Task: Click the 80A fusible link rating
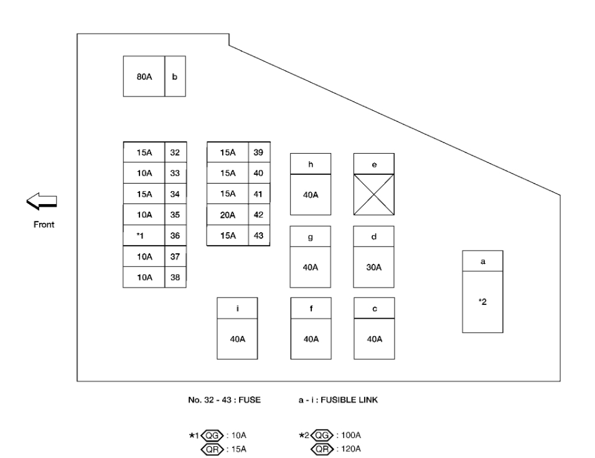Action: click(x=144, y=77)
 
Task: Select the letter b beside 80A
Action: click(x=175, y=77)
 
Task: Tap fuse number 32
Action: click(x=174, y=152)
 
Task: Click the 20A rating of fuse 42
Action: click(x=228, y=215)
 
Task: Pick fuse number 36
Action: click(x=174, y=235)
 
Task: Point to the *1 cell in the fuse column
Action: click(x=144, y=235)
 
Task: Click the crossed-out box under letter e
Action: click(x=373, y=195)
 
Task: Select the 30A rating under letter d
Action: click(x=373, y=267)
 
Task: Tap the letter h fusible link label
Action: click(x=311, y=164)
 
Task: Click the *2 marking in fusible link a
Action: click(x=482, y=302)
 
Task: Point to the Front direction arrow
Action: click(x=42, y=200)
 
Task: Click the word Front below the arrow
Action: click(x=44, y=225)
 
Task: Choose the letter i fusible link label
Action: click(x=237, y=308)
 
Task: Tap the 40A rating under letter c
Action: click(x=373, y=339)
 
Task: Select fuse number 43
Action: click(x=258, y=235)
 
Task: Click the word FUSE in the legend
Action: click(x=248, y=400)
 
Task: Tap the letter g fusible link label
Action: click(x=311, y=236)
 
